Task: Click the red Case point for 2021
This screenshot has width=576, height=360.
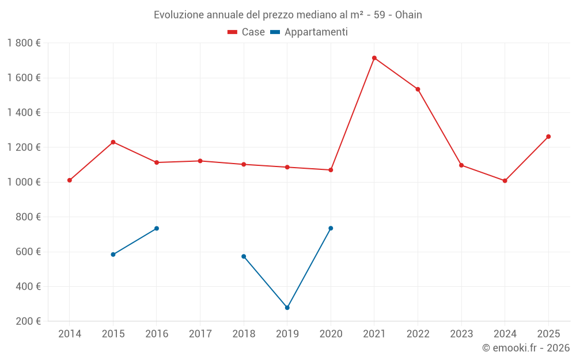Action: click(374, 58)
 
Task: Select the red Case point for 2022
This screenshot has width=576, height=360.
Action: click(418, 89)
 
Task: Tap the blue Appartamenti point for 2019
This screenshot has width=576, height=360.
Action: click(287, 308)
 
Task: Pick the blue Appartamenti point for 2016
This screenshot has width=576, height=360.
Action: click(157, 229)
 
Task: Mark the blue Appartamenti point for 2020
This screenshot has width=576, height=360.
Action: click(331, 228)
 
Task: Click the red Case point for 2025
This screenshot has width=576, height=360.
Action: click(548, 137)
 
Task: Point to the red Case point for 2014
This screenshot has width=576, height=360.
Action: click(70, 180)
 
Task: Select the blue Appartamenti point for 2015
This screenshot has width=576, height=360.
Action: click(113, 255)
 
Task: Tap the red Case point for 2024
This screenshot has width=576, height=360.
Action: click(505, 181)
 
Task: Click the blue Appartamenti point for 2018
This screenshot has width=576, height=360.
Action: click(244, 256)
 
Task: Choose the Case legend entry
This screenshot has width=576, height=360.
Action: click(247, 32)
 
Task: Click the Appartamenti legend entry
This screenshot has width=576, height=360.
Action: click(309, 32)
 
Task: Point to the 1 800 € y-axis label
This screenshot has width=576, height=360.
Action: click(24, 43)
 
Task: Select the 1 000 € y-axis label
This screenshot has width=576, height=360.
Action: click(24, 182)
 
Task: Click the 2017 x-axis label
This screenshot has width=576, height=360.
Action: click(200, 334)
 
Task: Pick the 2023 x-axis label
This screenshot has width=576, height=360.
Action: click(461, 334)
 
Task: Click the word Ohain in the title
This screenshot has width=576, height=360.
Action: click(408, 15)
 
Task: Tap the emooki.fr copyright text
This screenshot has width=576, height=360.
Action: click(526, 348)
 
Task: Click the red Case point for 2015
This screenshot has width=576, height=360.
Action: click(113, 142)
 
